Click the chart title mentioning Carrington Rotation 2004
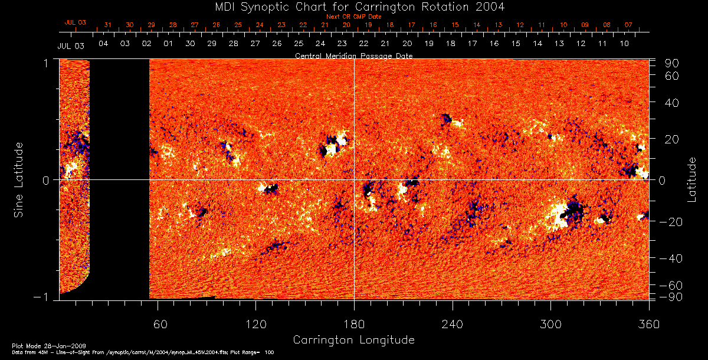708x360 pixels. tap(353, 7)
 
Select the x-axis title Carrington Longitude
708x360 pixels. tap(353, 340)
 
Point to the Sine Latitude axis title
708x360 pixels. tap(19, 179)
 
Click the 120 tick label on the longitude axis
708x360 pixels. tap(255, 323)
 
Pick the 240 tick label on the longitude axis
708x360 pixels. tap(452, 323)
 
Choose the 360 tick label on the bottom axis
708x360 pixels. tap(649, 323)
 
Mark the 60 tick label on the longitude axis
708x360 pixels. tap(160, 323)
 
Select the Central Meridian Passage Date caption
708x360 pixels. tap(353, 55)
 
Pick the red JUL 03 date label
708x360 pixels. tap(75, 22)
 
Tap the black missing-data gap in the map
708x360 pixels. tap(119, 177)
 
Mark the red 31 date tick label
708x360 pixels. tap(107, 25)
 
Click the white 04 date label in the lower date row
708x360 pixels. tap(103, 44)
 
